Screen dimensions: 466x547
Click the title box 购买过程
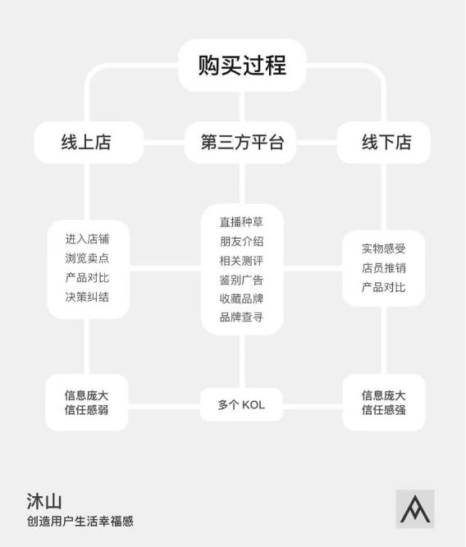(x=242, y=66)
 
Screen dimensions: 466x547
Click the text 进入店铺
(x=87, y=239)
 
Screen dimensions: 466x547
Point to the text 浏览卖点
(x=87, y=258)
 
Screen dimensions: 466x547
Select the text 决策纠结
(x=87, y=297)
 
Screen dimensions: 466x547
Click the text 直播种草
(x=241, y=222)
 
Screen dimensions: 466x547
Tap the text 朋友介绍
(x=241, y=241)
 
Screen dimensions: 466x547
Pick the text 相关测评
(x=241, y=261)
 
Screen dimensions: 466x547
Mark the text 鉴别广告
(x=241, y=280)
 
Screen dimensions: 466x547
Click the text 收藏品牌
(x=241, y=299)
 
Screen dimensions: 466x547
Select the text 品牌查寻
(x=241, y=317)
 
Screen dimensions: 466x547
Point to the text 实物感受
(x=384, y=248)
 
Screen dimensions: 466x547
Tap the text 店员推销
(x=384, y=268)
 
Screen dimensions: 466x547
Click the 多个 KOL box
(x=241, y=404)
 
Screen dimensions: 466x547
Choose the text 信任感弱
(x=87, y=409)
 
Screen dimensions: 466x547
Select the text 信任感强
(x=384, y=409)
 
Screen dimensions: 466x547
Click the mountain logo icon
(x=415, y=509)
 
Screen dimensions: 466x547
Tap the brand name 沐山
(x=44, y=501)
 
